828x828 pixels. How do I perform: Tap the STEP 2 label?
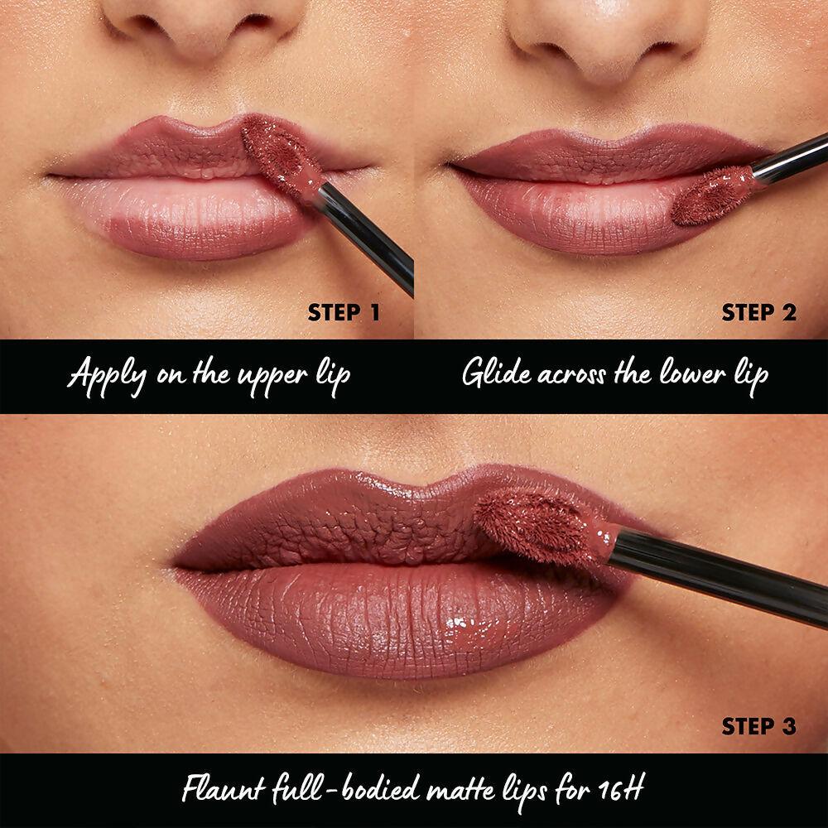point(758,312)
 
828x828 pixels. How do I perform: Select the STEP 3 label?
point(758,726)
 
